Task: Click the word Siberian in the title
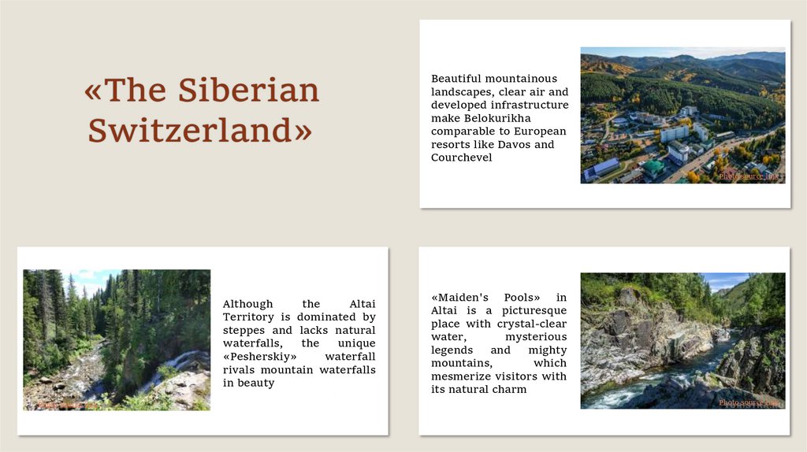pyautogui.click(x=248, y=91)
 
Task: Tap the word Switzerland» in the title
pyautogui.click(x=200, y=130)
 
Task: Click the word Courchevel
pyautogui.click(x=461, y=157)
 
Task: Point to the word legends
pyautogui.click(x=452, y=350)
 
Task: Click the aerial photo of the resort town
pyautogui.click(x=682, y=115)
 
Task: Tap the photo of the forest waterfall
pyautogui.click(x=117, y=339)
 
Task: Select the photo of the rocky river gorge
pyautogui.click(x=682, y=340)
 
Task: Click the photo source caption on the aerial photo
pyautogui.click(x=749, y=176)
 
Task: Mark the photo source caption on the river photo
pyautogui.click(x=749, y=402)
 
